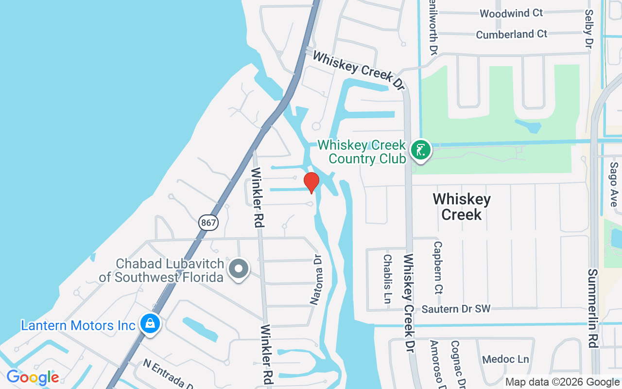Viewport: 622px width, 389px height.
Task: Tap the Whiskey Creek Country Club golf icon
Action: tap(420, 150)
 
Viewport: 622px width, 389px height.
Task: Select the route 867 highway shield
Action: tap(208, 223)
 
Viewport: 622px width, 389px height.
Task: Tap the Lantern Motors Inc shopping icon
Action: tap(150, 323)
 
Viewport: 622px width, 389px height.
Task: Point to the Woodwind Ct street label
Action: tap(511, 13)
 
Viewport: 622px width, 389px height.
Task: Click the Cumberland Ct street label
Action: tap(511, 35)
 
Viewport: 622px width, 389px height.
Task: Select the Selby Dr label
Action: tap(589, 29)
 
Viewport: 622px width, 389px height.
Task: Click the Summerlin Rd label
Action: tap(593, 308)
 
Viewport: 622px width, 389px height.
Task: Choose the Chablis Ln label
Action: tap(387, 279)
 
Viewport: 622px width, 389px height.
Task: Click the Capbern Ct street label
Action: tap(438, 268)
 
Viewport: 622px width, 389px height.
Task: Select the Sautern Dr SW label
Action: tap(456, 309)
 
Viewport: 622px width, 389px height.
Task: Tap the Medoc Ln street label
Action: tap(505, 359)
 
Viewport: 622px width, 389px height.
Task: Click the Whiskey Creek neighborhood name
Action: tap(462, 207)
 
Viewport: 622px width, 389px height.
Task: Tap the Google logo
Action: tap(33, 377)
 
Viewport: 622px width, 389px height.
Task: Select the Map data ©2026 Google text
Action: tap(562, 382)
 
